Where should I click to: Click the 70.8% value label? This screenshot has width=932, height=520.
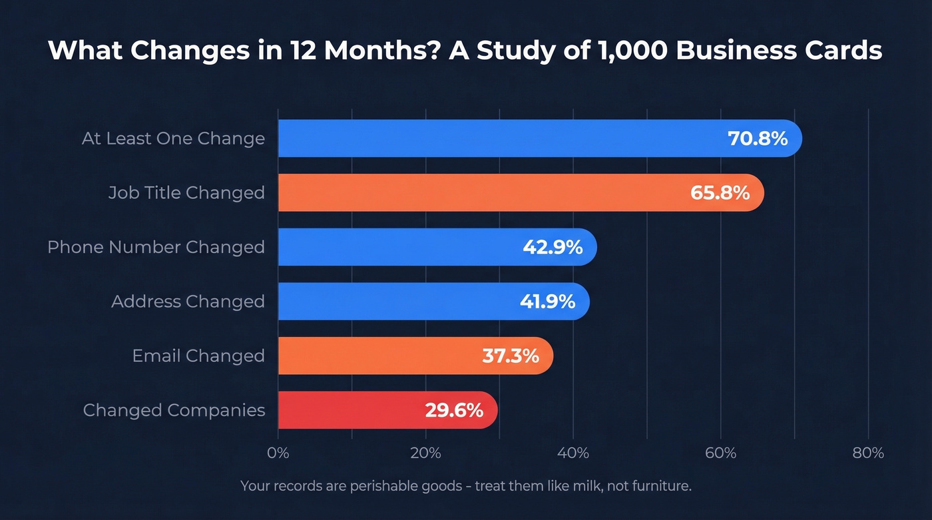(x=758, y=138)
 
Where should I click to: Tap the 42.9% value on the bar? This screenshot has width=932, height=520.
(x=553, y=248)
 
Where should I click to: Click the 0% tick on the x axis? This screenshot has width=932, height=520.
(x=278, y=453)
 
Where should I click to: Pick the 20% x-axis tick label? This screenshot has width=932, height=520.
(x=425, y=453)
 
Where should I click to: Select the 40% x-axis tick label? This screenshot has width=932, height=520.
(x=573, y=453)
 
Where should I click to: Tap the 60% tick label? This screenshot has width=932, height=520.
(x=720, y=453)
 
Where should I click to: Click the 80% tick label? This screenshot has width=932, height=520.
(x=868, y=453)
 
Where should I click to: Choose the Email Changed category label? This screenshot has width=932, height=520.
(x=198, y=356)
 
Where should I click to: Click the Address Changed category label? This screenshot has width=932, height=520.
(x=188, y=302)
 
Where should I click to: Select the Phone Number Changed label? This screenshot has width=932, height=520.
(x=156, y=247)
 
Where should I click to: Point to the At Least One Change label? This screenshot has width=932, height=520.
(x=173, y=138)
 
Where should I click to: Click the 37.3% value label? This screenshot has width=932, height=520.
(x=510, y=356)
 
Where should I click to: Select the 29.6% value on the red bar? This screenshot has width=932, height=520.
(x=454, y=410)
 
